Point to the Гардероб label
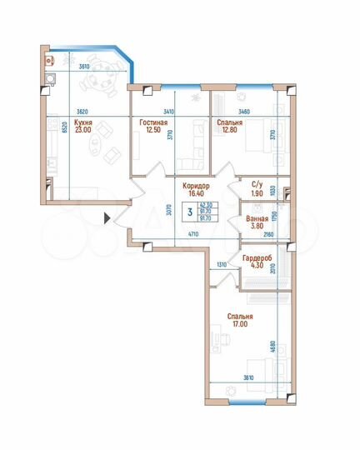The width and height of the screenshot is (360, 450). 254,260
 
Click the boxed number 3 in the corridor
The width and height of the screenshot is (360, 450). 191,212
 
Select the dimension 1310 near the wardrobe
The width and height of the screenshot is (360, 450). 222,264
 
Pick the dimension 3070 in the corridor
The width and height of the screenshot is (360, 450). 170,212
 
